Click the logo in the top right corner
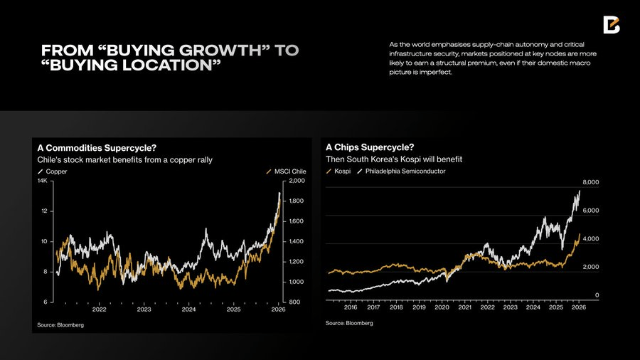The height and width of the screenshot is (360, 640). pos(612,24)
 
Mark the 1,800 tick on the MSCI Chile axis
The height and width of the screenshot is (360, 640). pos(297,201)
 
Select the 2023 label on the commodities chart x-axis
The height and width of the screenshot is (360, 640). pos(144,309)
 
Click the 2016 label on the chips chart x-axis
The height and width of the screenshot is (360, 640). pos(351,307)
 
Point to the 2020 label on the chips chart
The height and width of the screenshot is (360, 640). pos(442,307)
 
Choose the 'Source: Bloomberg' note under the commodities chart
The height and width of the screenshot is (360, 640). pos(60,324)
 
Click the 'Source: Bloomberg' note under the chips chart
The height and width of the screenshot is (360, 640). pos(349,323)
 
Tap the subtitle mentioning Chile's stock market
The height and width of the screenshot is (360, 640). pos(124,160)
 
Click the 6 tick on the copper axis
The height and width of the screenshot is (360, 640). pos(45,302)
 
